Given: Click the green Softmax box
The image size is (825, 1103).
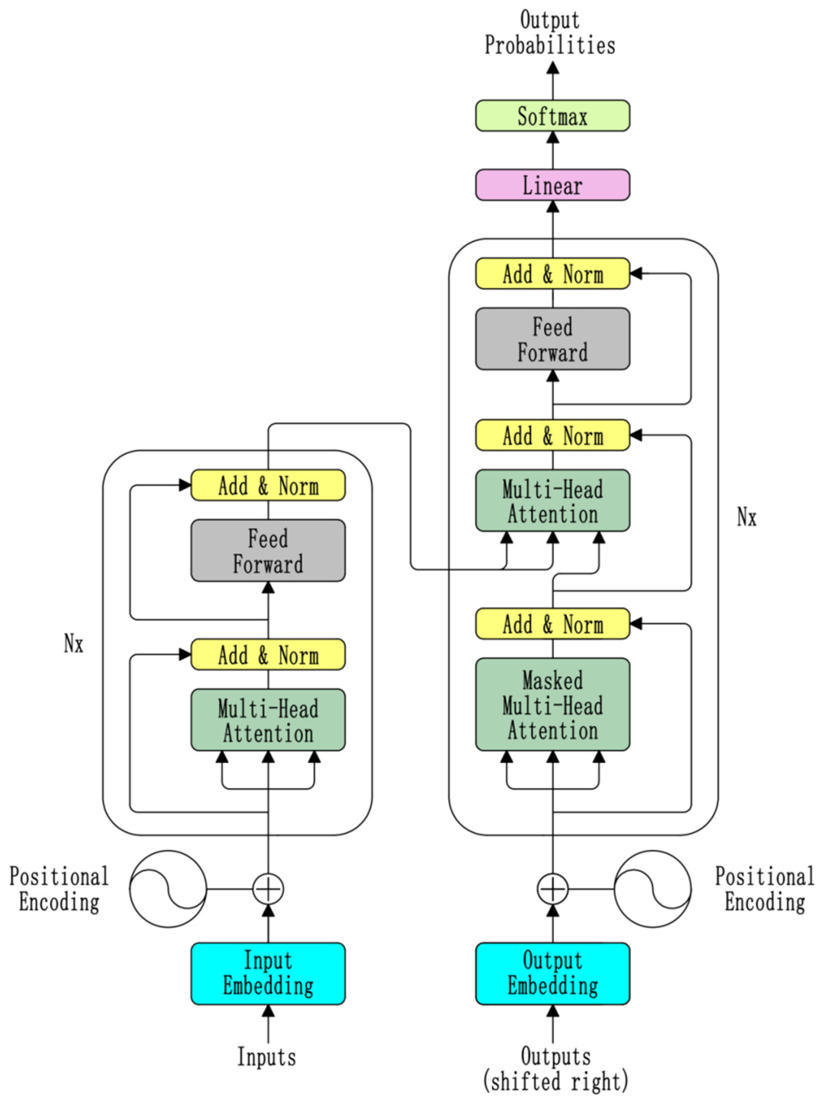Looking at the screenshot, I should (x=552, y=116).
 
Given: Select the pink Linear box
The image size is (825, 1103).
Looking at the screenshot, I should (x=552, y=185).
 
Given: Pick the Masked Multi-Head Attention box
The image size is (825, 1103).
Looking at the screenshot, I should (x=552, y=705).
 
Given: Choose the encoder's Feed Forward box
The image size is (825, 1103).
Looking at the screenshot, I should (x=268, y=550).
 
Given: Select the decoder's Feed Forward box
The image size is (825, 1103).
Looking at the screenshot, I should (x=552, y=339).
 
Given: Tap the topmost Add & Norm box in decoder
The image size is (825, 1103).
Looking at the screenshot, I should (x=552, y=273).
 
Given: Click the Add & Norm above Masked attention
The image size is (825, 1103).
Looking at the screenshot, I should (x=552, y=623).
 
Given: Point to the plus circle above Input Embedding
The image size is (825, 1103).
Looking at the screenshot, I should (x=268, y=889).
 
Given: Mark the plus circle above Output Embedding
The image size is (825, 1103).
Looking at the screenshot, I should (x=552, y=889).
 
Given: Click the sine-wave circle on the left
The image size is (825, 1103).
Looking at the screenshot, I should (x=168, y=889).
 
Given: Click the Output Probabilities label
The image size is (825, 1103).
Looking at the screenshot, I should (x=550, y=33).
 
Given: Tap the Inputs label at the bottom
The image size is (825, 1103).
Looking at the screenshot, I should (x=266, y=1057).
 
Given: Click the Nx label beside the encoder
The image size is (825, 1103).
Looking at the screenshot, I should (x=73, y=643).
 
